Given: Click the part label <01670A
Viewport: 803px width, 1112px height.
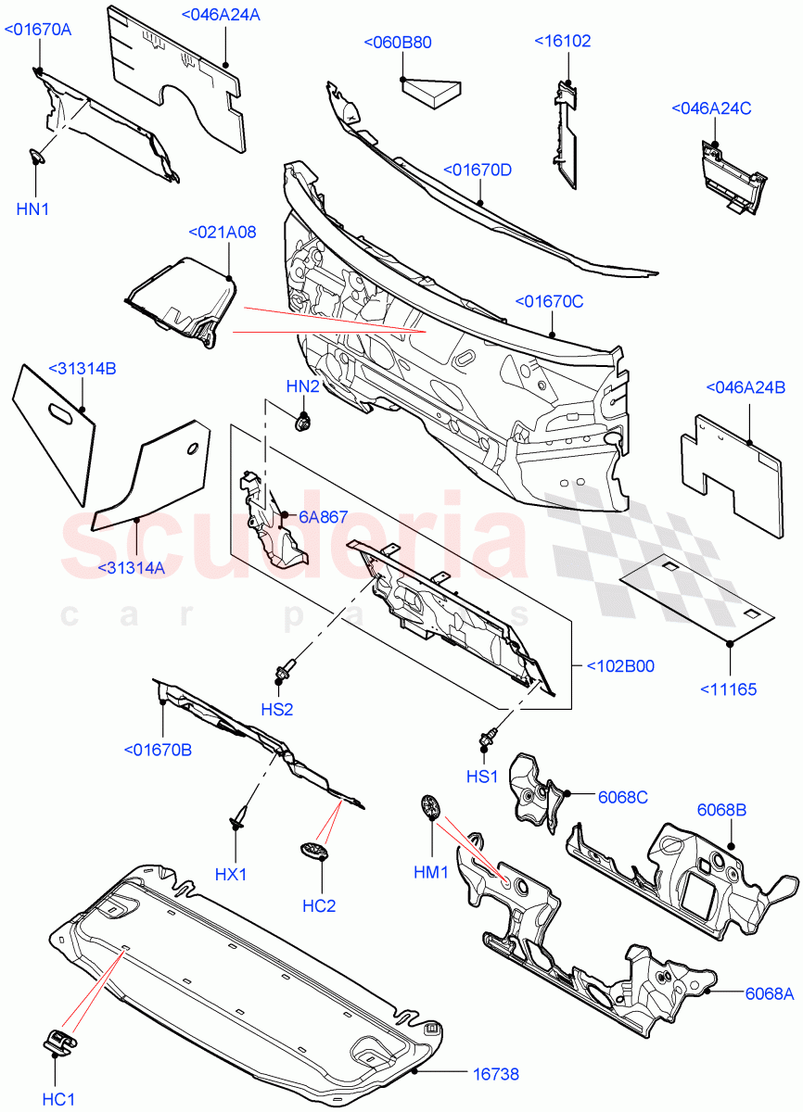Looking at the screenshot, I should (x=38, y=30).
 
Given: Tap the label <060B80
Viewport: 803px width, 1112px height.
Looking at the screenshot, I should (x=398, y=43).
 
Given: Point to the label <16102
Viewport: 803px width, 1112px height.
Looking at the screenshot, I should (x=562, y=42).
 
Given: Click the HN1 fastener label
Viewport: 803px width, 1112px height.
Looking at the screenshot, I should (x=32, y=209).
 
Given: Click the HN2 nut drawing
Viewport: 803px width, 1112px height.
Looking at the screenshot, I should (x=302, y=423).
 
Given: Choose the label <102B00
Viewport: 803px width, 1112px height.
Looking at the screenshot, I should (x=620, y=665).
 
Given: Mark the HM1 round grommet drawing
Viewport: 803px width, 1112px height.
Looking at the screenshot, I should (x=428, y=805).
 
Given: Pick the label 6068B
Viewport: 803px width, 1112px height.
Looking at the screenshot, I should (x=721, y=810).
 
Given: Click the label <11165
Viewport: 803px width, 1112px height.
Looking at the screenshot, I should (x=727, y=689).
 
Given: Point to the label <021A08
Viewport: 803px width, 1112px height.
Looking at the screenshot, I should (x=223, y=233).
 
